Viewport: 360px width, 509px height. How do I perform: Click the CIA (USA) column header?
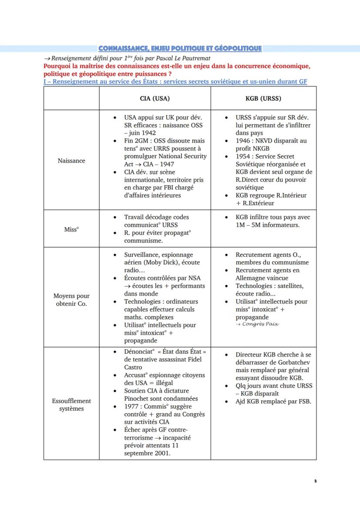pos(155,98)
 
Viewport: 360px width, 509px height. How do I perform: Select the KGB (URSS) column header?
pos(263,98)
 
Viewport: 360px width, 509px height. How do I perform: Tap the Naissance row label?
pos(71,160)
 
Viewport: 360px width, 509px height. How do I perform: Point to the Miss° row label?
pos(71,229)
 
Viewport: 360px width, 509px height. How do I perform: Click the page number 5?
pos(315,481)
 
